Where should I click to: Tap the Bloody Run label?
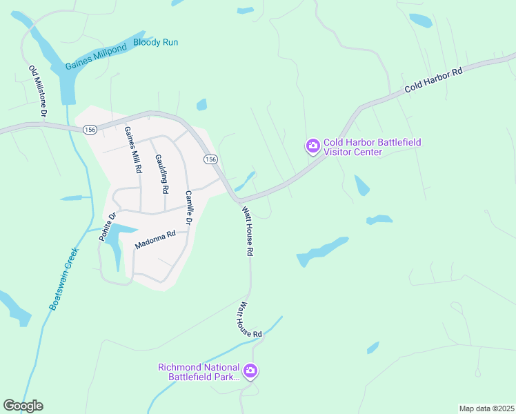pos(155,43)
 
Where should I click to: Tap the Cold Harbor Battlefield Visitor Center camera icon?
pos(312,146)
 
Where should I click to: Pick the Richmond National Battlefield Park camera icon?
pos(250,372)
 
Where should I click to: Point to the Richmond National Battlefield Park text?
pos(199,372)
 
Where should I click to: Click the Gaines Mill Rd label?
pos(132,150)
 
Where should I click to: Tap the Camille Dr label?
pos(186,206)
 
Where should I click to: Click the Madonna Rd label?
pos(156,239)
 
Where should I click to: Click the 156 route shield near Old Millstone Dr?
pos(89,130)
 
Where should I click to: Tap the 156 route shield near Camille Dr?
pos(210,159)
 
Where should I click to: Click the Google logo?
pos(23,406)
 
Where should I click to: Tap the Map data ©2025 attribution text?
pos(486,408)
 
